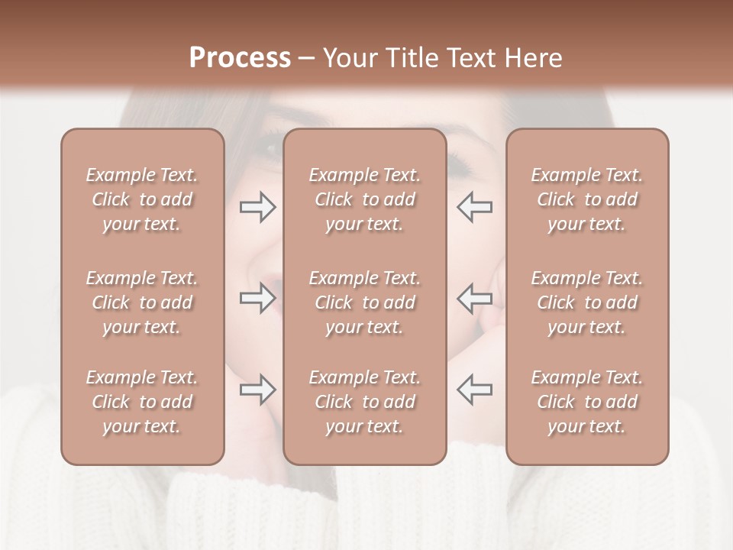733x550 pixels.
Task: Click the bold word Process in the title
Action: (x=240, y=58)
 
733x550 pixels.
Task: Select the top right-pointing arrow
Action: (x=257, y=207)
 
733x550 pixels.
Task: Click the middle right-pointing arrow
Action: (x=257, y=299)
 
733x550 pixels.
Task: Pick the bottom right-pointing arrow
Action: (x=257, y=390)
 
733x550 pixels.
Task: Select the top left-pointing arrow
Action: (x=475, y=207)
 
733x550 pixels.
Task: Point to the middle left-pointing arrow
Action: (x=475, y=299)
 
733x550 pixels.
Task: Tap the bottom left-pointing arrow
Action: (x=475, y=390)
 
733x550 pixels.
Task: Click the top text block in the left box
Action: (x=142, y=199)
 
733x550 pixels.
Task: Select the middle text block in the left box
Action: (x=142, y=302)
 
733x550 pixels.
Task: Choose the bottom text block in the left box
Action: (x=142, y=402)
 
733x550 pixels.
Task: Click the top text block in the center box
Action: (x=364, y=199)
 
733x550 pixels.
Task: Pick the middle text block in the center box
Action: (x=364, y=302)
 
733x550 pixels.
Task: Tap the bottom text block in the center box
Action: (x=364, y=402)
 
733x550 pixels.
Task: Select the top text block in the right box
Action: (x=587, y=199)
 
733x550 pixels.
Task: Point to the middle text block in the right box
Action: (x=587, y=302)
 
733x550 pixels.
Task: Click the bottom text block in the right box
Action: (x=587, y=402)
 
